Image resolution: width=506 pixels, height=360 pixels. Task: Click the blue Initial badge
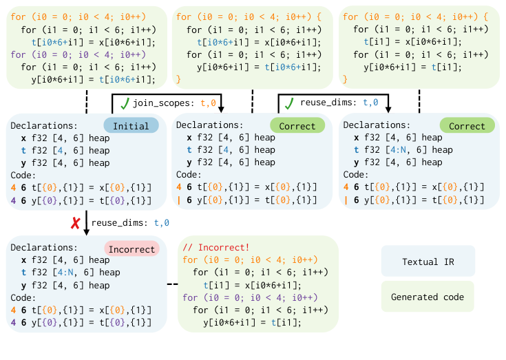pyautogui.click(x=131, y=126)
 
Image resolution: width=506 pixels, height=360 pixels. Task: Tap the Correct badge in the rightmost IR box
pyautogui.click(x=467, y=126)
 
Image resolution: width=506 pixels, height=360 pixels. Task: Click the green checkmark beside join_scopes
pyautogui.click(x=125, y=103)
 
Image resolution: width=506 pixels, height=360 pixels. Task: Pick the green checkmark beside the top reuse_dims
pyautogui.click(x=290, y=103)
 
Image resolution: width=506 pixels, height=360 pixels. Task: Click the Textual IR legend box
pyautogui.click(x=428, y=262)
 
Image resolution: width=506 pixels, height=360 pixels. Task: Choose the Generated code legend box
pyautogui.click(x=428, y=297)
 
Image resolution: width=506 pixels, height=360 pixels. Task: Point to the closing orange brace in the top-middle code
pyautogui.click(x=179, y=79)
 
